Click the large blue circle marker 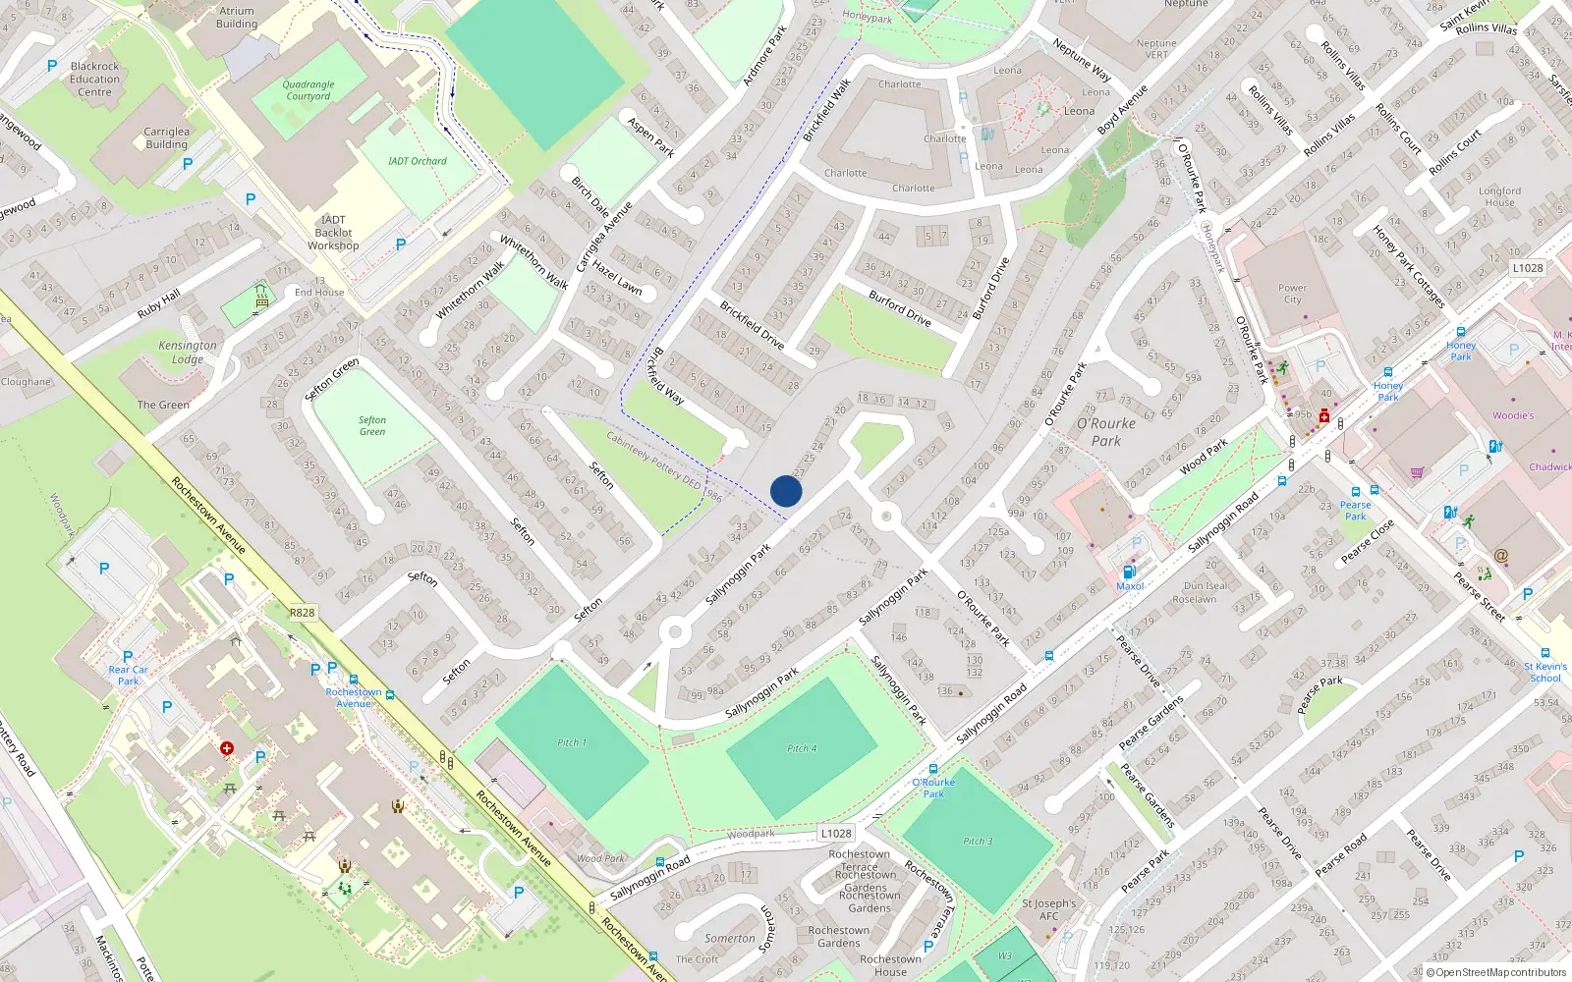coord(786,491)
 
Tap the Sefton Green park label coord(372,426)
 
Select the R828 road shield coord(302,613)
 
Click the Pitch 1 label coord(571,742)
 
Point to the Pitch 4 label coord(802,748)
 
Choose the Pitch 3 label coord(978,841)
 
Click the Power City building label coord(1292,294)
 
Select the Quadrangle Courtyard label coord(309,90)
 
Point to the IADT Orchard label coord(417,161)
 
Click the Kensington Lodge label coord(188,352)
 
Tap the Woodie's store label coord(1513,415)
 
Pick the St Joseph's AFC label coord(1049,909)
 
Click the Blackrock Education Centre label coord(95,80)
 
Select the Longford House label coord(1499,196)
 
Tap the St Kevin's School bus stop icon coord(1545,653)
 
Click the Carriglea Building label coord(166,137)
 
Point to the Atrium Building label coord(237,18)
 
